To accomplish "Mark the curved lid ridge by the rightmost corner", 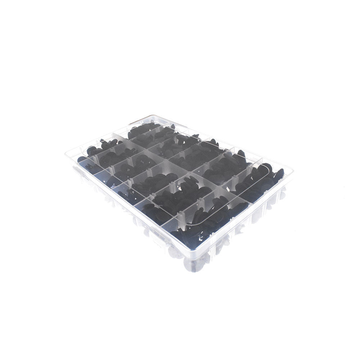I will click(x=268, y=169).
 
